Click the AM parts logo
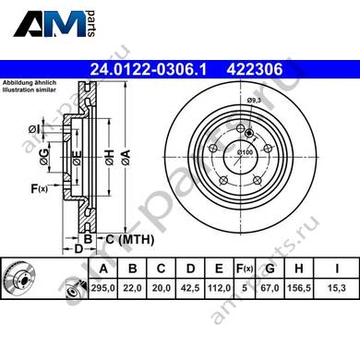(x=55, y=24)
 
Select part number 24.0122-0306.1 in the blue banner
(x=148, y=69)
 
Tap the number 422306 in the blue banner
(x=255, y=69)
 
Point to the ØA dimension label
(x=126, y=157)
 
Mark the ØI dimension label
(x=34, y=129)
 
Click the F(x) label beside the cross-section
(x=40, y=188)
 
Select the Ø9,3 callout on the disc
(x=254, y=100)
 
